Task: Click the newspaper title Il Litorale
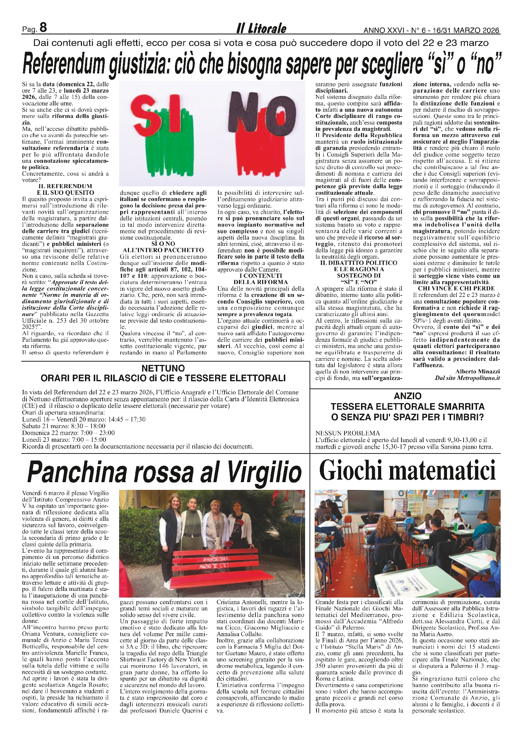[261, 28]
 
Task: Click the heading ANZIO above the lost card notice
[408, 396]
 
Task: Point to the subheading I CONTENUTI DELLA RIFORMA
[261, 279]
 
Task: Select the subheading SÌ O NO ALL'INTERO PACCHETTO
[163, 247]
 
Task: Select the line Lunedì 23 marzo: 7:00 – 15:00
[64, 440]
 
